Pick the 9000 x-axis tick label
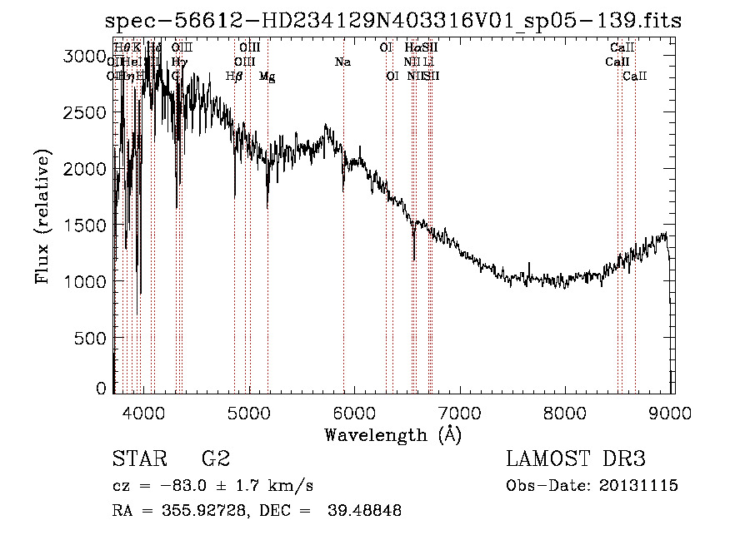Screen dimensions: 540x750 [672, 412]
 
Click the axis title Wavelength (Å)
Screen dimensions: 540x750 [392, 434]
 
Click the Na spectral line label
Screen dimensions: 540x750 [342, 62]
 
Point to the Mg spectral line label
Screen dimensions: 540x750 [267, 76]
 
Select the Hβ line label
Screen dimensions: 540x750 [234, 76]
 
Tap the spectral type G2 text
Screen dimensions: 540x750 [215, 459]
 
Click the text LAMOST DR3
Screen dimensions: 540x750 [576, 459]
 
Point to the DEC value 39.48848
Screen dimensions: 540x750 [363, 511]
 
